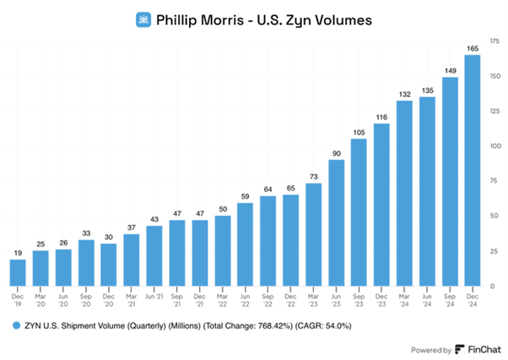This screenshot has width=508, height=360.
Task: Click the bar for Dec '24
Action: [x=473, y=170]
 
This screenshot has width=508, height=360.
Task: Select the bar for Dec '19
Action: [x=18, y=272]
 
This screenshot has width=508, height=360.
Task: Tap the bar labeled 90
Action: [x=337, y=223]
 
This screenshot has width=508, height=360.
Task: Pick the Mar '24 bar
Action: [x=404, y=193]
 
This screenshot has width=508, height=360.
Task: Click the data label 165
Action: [x=473, y=49]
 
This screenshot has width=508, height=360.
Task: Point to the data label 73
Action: [x=314, y=177]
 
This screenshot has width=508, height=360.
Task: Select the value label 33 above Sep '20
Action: [x=86, y=234]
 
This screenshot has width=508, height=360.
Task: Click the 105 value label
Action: [x=359, y=132]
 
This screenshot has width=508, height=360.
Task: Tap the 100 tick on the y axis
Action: [x=495, y=146]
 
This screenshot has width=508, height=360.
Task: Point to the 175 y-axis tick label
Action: [x=494, y=41]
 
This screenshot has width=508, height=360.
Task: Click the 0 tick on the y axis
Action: [x=493, y=286]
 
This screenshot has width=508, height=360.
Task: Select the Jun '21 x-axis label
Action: [x=154, y=297]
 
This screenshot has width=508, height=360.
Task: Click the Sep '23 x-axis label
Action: [x=359, y=300]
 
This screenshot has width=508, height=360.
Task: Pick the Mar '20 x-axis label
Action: [x=41, y=300]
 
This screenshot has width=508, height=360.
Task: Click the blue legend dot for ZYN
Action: [x=16, y=325]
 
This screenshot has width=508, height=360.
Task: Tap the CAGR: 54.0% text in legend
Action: [x=323, y=325]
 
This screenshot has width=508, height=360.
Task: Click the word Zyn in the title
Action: [x=296, y=21]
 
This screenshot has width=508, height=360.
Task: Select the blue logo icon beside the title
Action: [x=143, y=19]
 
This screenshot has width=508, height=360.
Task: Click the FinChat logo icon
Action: [x=460, y=350]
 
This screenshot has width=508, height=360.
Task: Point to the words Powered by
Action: [x=431, y=350]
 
